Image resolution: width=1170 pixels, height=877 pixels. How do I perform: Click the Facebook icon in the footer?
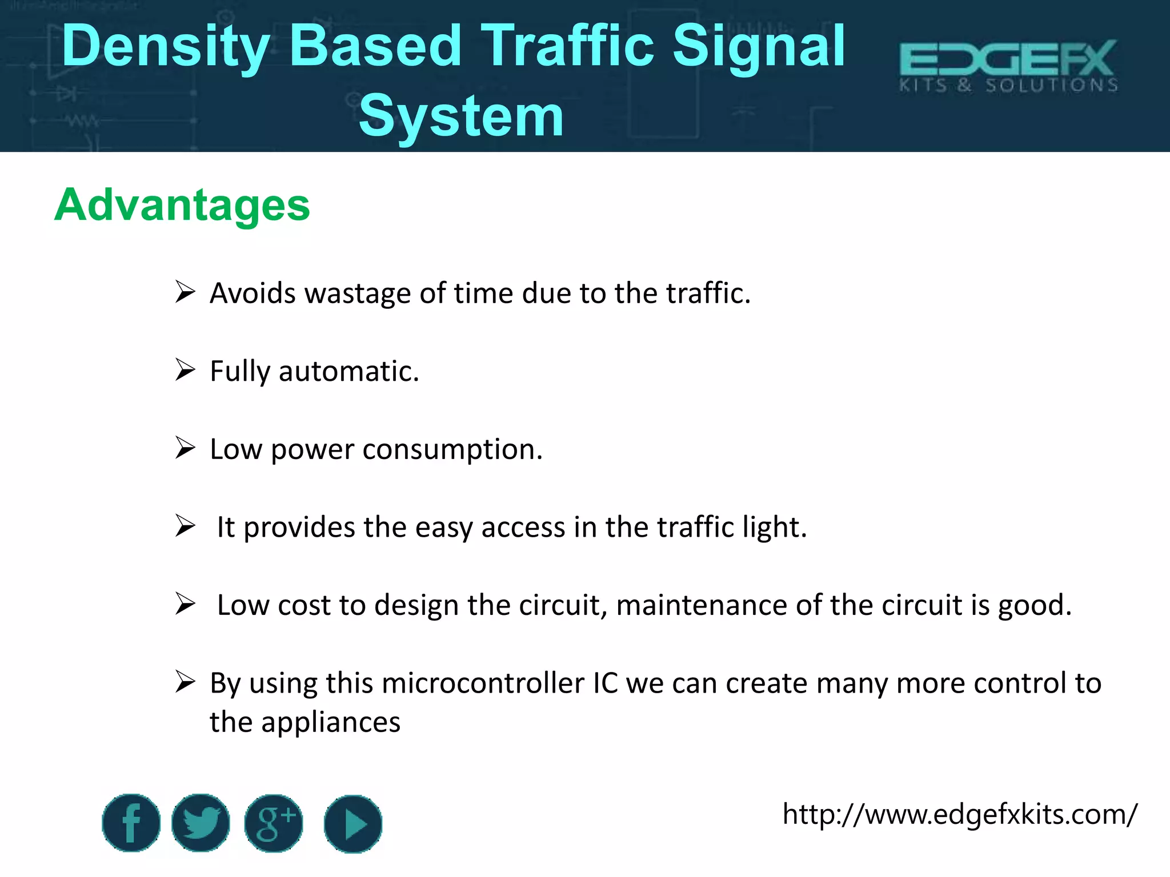tap(131, 823)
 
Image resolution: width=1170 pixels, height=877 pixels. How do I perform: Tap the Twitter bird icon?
tap(201, 823)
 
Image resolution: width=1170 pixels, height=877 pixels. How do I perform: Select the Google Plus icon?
tap(274, 823)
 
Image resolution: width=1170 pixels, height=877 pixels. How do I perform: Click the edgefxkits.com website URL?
tap(960, 814)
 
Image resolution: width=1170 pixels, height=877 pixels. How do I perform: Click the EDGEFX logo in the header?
tap(1008, 66)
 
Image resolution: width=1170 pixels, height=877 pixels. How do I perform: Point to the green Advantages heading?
tap(182, 205)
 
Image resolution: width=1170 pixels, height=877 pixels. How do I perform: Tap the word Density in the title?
tap(166, 47)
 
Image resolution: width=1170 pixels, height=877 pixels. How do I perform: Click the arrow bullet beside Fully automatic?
tap(185, 370)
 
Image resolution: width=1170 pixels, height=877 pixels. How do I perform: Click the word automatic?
tap(348, 372)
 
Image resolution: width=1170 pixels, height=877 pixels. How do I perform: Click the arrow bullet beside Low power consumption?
tap(185, 448)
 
